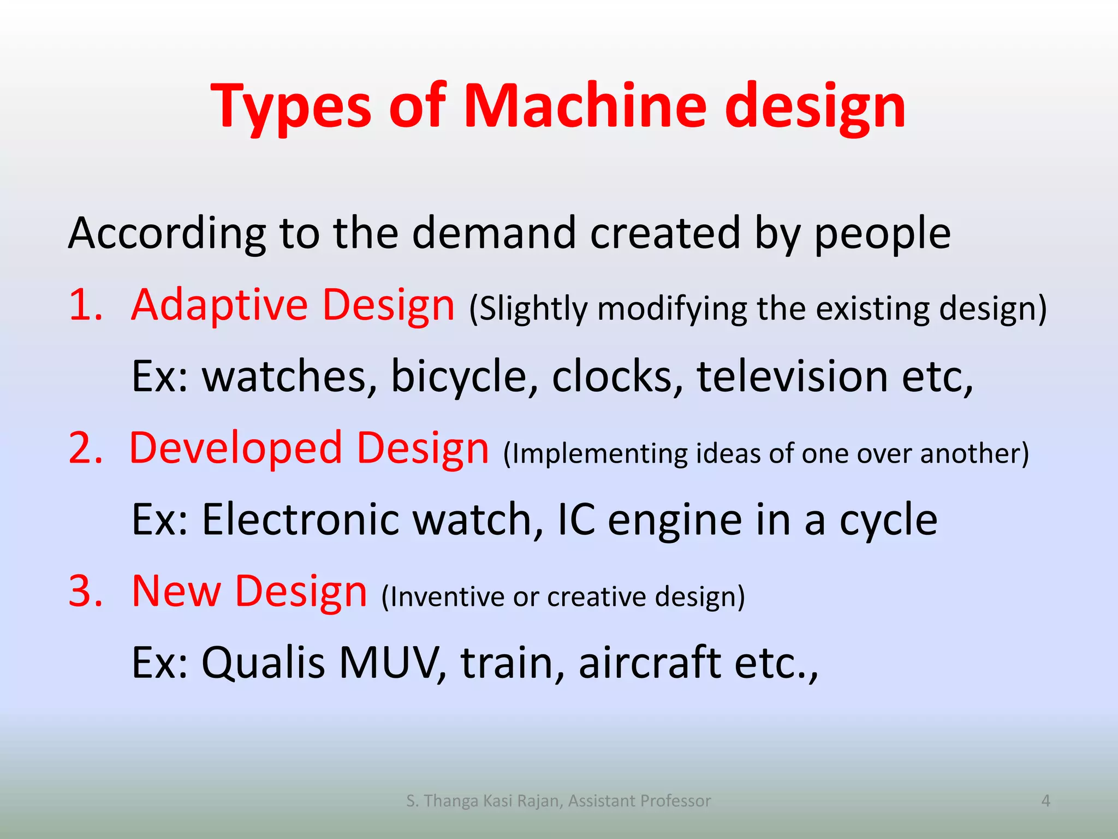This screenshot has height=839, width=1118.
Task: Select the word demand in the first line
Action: pyautogui.click(x=493, y=233)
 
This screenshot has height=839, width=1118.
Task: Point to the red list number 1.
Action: pyautogui.click(x=85, y=305)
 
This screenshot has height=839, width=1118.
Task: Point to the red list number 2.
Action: pyautogui.click(x=85, y=448)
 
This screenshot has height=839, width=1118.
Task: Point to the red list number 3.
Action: pyautogui.click(x=85, y=591)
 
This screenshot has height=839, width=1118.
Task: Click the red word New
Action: pyautogui.click(x=176, y=591)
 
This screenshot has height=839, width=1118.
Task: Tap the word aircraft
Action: pyautogui.click(x=650, y=662)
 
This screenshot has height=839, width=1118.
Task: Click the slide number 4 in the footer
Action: pyautogui.click(x=1045, y=801)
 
